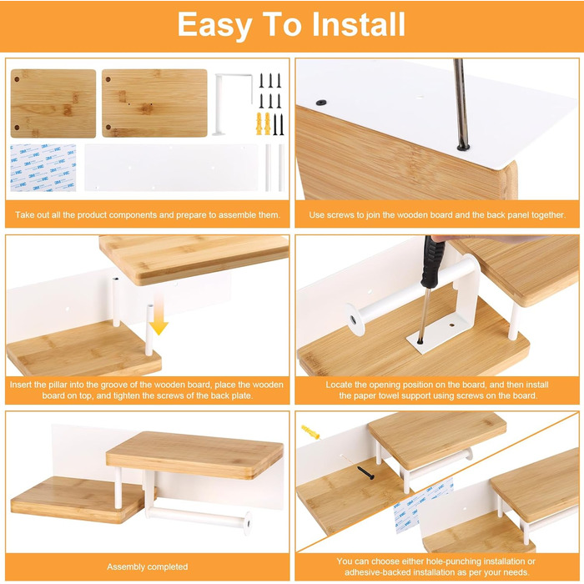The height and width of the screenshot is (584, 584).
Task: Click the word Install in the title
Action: pyautogui.click(x=358, y=24)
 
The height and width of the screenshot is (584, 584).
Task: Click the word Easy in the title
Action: pyautogui.click(x=215, y=25)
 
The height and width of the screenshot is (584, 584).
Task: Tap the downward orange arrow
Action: pyautogui.click(x=159, y=313)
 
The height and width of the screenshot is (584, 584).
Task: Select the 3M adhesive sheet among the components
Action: pyautogui.click(x=43, y=168)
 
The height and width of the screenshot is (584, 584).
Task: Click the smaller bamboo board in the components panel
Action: pyautogui.click(x=53, y=103)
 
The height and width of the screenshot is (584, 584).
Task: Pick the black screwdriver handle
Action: pyautogui.click(x=431, y=261)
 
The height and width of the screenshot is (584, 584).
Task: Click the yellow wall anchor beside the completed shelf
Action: pyautogui.click(x=310, y=431)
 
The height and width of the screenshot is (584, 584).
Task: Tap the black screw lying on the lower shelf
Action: pyautogui.click(x=365, y=473)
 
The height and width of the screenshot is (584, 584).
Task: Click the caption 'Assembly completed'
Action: pyautogui.click(x=147, y=566)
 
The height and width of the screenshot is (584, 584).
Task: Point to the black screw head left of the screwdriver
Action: pyautogui.click(x=320, y=103)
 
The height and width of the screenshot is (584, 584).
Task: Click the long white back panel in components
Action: pyautogui.click(x=171, y=168)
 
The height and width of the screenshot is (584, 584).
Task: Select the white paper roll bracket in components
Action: pyautogui.click(x=233, y=103)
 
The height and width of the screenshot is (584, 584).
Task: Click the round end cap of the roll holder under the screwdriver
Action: pyautogui.click(x=354, y=320)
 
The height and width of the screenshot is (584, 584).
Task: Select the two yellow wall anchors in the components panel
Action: pyautogui.click(x=263, y=123)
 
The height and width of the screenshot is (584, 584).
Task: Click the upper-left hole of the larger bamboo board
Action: pyautogui.click(x=108, y=79)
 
